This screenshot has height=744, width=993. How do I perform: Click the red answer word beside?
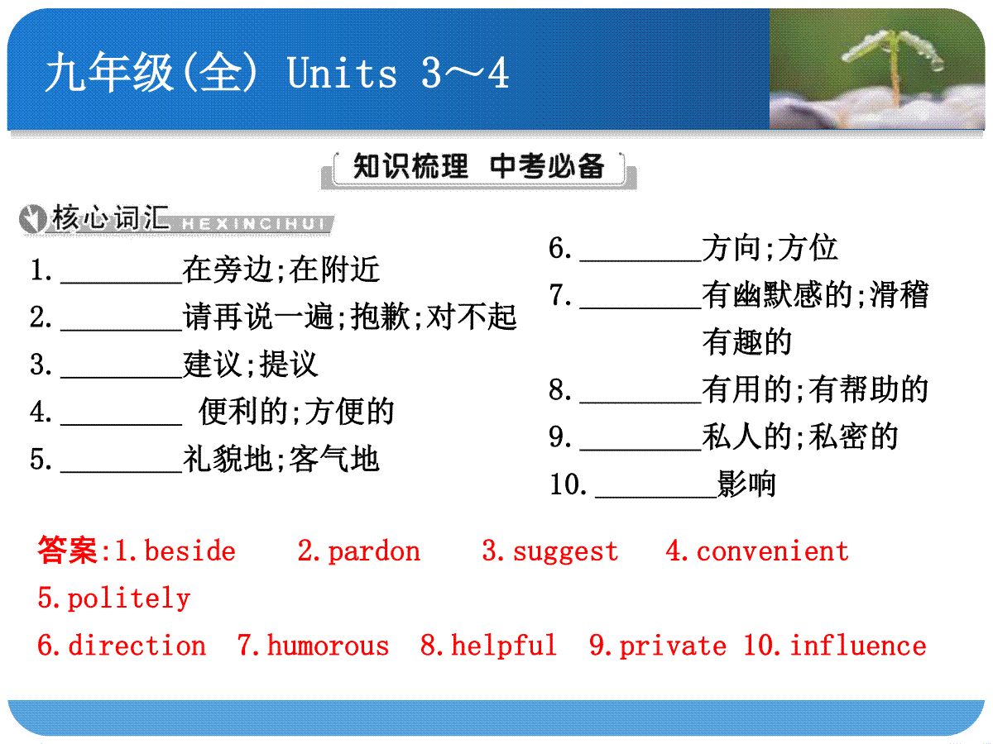pyautogui.click(x=190, y=551)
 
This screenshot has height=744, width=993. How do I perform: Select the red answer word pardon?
pyautogui.click(x=374, y=552)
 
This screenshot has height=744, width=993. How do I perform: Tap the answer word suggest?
pyautogui.click(x=565, y=552)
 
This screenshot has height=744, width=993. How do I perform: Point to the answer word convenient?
pyautogui.click(x=772, y=551)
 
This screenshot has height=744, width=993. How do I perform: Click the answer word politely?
pyautogui.click(x=129, y=599)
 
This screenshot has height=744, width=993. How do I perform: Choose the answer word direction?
pyautogui.click(x=137, y=645)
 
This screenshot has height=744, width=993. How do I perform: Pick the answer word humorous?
pyautogui.click(x=328, y=645)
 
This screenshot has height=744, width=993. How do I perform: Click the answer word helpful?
pyautogui.click(x=503, y=646)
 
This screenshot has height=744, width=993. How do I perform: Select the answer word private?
pyautogui.click(x=673, y=646)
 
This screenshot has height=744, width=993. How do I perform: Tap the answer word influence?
pyautogui.click(x=858, y=645)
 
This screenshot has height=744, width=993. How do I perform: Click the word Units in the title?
pyautogui.click(x=342, y=72)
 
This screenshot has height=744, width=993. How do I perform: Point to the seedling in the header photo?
pyautogui.click(x=894, y=64)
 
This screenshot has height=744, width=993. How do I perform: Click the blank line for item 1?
pyautogui.click(x=122, y=283)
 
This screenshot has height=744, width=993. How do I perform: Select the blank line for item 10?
pyautogui.click(x=656, y=497)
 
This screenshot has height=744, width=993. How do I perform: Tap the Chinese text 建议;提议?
pyautogui.click(x=251, y=364)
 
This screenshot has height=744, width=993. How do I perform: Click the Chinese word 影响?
pyautogui.click(x=746, y=484)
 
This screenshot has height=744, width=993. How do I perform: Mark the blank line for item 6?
pyautogui.click(x=640, y=260)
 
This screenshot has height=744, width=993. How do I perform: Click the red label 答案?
pyautogui.click(x=67, y=551)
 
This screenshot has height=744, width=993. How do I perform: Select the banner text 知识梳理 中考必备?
pyautogui.click(x=478, y=166)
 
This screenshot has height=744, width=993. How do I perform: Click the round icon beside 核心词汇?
pyautogui.click(x=32, y=218)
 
